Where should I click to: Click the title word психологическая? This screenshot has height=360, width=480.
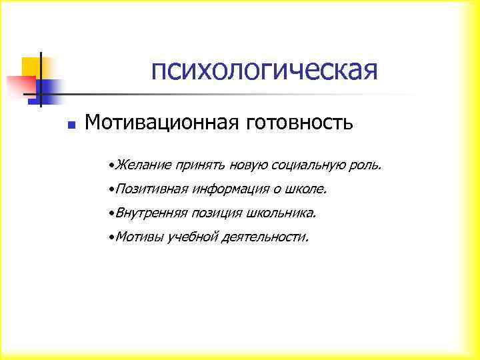click(264, 70)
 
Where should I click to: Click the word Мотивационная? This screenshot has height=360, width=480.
click(163, 123)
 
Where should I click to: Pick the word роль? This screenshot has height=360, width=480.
click(367, 164)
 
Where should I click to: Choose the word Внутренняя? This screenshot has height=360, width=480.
click(151, 213)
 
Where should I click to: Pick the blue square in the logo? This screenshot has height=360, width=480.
click(47, 88)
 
